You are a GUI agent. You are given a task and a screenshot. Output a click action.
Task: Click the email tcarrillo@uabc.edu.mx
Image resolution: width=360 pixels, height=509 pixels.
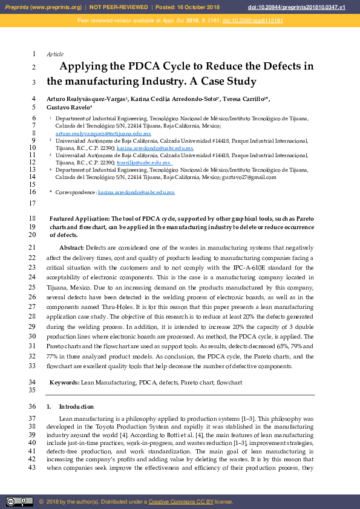coord(145,163)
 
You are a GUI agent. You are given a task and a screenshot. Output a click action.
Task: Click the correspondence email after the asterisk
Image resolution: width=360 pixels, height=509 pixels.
coord(136,192)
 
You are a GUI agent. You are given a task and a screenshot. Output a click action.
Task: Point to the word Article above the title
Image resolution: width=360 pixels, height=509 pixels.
coord(55,54)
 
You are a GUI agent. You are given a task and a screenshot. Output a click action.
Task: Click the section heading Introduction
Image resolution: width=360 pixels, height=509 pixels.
coord(76,407)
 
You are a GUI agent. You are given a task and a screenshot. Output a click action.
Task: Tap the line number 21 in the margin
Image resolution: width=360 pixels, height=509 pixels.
coord(32,248)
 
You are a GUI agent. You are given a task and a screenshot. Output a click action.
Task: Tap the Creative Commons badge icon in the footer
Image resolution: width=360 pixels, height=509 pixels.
coord(19,502)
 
